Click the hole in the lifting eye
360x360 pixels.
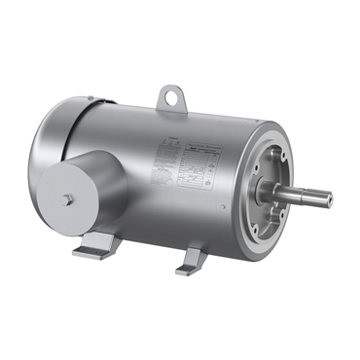tap(173, 96)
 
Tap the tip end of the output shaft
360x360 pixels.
tap(329, 200)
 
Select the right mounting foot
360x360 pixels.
tap(189, 259)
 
